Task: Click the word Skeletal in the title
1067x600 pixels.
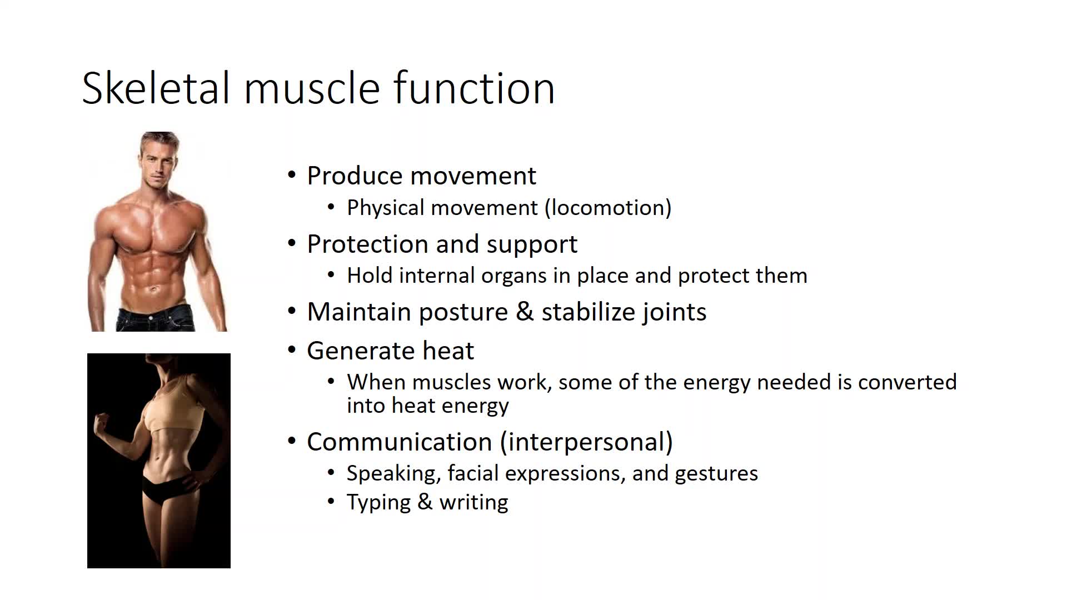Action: (x=156, y=88)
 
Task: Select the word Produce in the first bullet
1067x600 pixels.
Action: (x=355, y=176)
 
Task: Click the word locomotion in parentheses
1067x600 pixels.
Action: (x=608, y=208)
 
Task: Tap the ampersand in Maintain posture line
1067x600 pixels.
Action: (x=525, y=312)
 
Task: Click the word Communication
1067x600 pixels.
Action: (x=400, y=442)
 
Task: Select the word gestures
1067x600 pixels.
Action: (x=716, y=474)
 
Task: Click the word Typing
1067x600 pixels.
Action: (x=378, y=503)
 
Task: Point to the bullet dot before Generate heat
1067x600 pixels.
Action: (x=292, y=350)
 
